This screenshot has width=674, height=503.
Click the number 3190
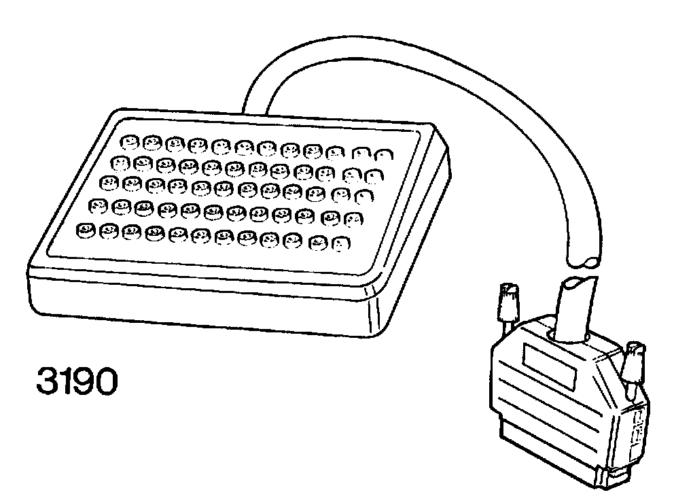[x=75, y=383]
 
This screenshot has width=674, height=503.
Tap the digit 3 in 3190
[x=46, y=383]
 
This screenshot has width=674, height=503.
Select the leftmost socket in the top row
[x=128, y=141]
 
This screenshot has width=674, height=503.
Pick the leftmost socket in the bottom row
[x=84, y=230]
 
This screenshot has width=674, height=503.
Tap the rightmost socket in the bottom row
[x=340, y=242]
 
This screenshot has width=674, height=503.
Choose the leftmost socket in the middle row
[x=109, y=182]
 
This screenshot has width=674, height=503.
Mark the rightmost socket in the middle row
[x=366, y=197]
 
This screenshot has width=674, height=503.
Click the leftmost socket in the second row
[x=120, y=162]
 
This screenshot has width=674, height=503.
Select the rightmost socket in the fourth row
[x=353, y=219]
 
